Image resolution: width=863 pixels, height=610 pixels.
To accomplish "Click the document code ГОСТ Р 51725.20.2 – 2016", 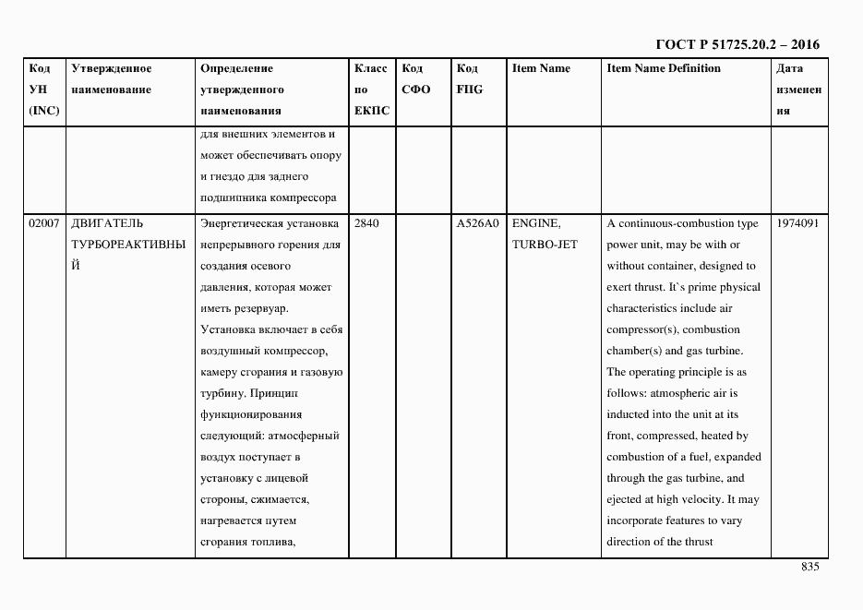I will tap(737, 44).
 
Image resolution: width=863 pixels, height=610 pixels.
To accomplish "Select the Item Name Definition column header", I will tap(664, 68).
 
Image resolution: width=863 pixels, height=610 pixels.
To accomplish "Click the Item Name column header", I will tap(541, 68).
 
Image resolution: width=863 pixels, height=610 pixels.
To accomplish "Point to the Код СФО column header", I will tap(415, 79).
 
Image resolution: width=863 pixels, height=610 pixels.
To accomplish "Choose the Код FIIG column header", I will tap(469, 79).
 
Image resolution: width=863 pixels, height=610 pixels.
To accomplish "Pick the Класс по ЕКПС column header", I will tap(371, 90).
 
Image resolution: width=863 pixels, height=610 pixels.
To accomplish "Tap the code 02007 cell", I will tap(43, 223).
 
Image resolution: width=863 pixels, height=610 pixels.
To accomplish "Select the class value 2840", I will tap(366, 223).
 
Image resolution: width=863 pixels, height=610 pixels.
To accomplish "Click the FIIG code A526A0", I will tap(477, 223).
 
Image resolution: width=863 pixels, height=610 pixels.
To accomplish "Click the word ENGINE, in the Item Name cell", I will tap(535, 223).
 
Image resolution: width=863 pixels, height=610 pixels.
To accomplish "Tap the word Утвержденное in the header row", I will tap(111, 68).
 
